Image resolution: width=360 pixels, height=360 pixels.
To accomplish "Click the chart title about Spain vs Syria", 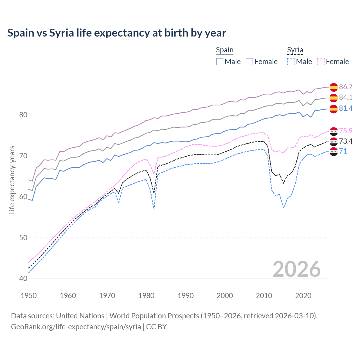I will pos(116,33).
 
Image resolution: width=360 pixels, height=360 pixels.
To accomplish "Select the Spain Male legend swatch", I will pos(220,62).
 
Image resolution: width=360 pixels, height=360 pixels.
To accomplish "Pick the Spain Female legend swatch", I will pos(249,62).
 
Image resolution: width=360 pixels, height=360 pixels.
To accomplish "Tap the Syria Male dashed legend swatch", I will pos(291,62).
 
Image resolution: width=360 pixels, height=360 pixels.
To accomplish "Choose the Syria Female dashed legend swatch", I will pos(321,62).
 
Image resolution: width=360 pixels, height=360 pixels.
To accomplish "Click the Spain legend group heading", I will pos(224,50).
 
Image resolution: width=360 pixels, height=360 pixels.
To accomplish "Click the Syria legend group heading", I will pos(295,50).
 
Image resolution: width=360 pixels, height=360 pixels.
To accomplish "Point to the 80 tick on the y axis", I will pos(23,115).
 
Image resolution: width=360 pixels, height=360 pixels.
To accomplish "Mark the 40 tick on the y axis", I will pos(23,278).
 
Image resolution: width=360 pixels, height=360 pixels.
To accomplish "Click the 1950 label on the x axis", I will pos(29,296).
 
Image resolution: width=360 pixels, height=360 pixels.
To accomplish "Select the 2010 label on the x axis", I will pos(264,296).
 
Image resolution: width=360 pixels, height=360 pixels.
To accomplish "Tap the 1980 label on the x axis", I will pos(146,296).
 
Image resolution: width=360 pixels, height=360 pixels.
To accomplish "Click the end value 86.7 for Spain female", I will pos(346,87).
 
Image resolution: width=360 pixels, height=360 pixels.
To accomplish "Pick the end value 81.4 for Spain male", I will pos(346,108).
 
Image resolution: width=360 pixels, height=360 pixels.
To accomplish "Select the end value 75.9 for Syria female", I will pos(346,131).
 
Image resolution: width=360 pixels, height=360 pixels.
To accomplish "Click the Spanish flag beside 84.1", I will pos(334,98).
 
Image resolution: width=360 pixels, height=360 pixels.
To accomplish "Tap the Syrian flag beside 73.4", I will pos(334,141).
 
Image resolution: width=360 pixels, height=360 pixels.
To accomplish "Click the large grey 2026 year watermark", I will pos(296,269).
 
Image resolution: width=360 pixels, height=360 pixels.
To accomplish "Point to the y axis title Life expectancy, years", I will pos(12,180).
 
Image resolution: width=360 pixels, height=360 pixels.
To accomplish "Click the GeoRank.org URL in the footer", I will pos(76,327).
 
